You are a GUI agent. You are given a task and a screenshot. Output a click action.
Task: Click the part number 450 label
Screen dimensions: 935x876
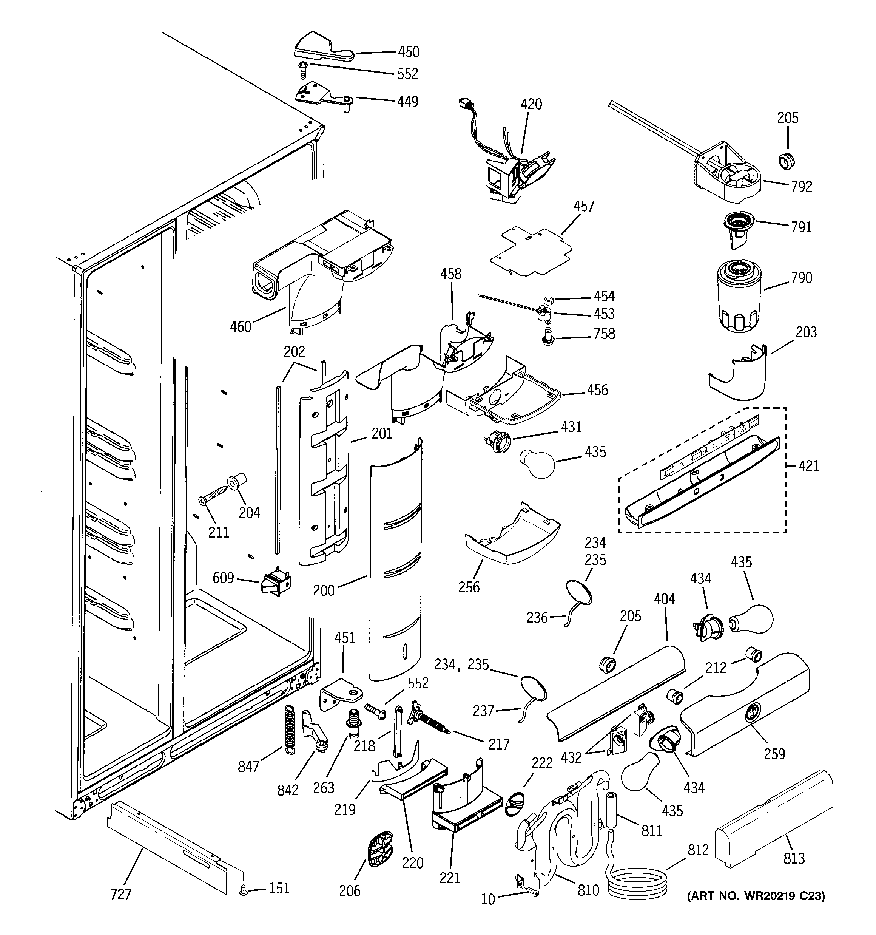408,51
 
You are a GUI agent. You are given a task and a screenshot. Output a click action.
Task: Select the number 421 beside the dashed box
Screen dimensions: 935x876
809,466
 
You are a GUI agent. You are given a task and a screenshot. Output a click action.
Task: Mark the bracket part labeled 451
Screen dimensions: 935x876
342,694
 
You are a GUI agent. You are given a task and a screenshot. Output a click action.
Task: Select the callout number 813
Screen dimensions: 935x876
794,858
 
